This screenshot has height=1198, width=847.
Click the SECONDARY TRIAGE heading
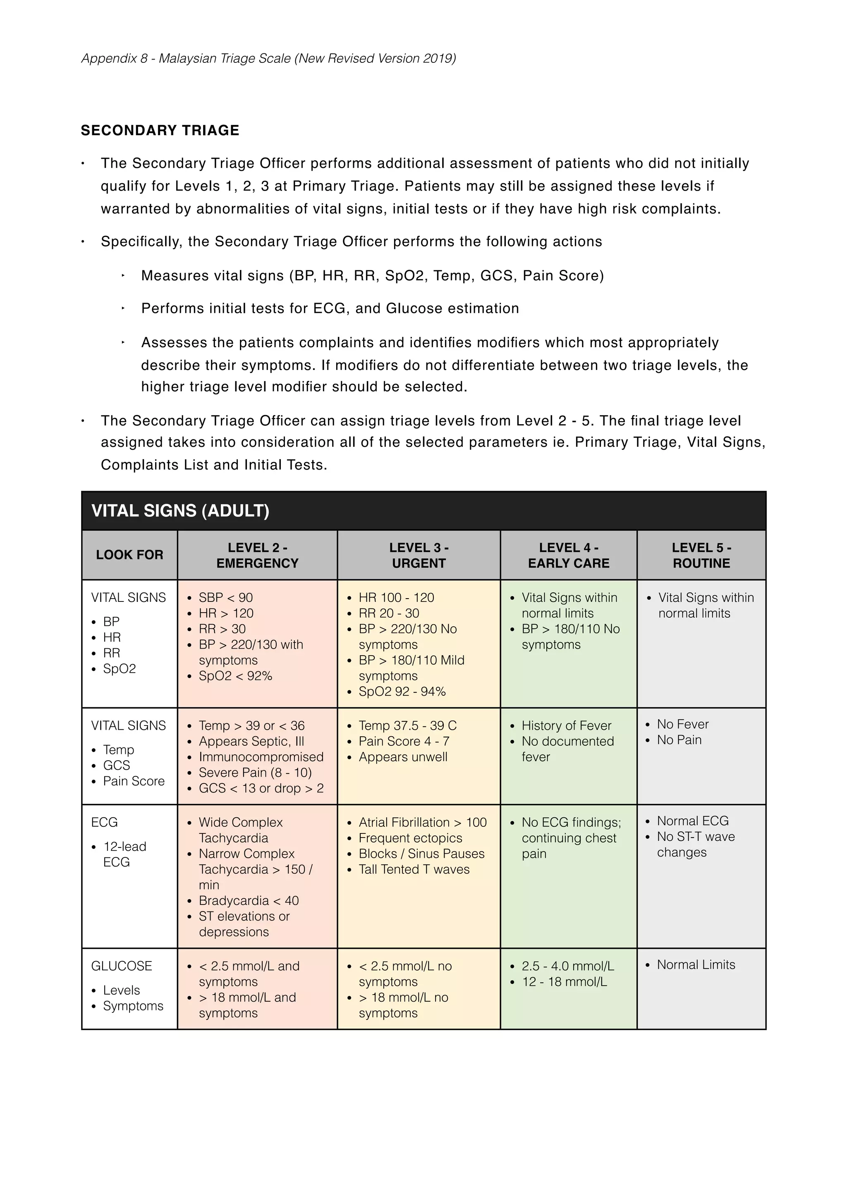click(x=160, y=131)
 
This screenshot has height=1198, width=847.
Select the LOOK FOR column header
click(x=129, y=555)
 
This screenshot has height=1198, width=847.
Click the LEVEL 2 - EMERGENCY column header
click(x=257, y=555)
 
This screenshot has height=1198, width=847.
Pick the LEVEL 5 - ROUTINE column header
click(x=701, y=555)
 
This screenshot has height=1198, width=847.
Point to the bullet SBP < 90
click(x=225, y=597)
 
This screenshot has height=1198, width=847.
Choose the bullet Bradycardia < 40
click(x=249, y=901)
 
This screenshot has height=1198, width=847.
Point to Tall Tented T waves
click(x=414, y=869)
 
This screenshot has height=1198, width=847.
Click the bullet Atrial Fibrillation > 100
click(x=422, y=822)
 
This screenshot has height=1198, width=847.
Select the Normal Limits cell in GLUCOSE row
click(x=696, y=965)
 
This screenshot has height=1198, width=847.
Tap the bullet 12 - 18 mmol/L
click(x=564, y=981)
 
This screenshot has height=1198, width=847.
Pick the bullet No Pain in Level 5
click(x=679, y=740)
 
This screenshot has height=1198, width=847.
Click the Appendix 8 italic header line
click(x=268, y=58)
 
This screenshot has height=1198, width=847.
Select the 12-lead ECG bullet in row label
click(x=124, y=854)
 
